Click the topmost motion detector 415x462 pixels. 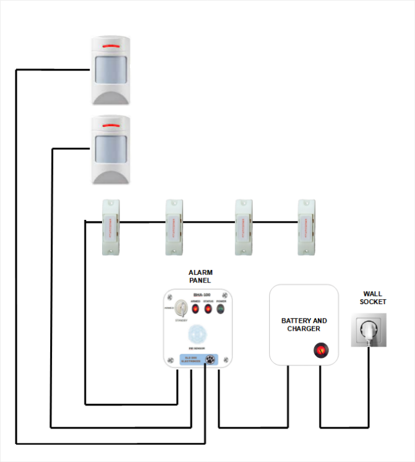tap(111, 69)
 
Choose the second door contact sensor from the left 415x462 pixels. tap(174, 227)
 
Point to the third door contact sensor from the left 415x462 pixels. tap(243, 227)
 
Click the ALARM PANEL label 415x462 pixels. tap(200, 276)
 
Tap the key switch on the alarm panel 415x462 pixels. tap(181, 308)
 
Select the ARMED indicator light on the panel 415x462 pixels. tap(195, 308)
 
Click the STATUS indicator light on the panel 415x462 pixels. tap(208, 308)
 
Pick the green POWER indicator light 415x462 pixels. tap(221, 308)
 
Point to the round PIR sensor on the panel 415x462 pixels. tap(197, 333)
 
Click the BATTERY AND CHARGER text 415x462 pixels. tap(304, 325)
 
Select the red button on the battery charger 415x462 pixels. tap(320, 351)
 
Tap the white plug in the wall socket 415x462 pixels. tap(369, 333)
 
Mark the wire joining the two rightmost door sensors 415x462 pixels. tap(275, 221)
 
